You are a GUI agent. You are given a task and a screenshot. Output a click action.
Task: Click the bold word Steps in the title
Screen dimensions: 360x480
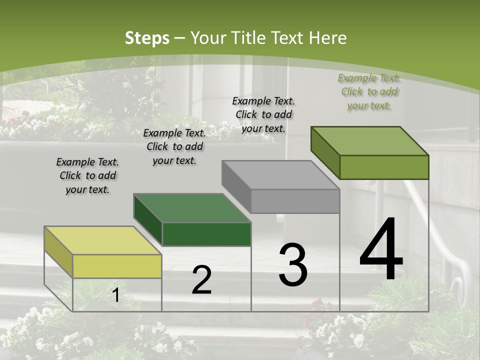(x=147, y=38)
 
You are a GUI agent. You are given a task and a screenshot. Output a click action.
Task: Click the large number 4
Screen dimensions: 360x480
(x=381, y=250)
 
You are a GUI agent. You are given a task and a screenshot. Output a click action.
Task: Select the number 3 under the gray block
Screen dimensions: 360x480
(x=293, y=265)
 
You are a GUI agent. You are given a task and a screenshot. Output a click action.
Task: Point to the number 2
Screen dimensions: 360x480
(x=201, y=280)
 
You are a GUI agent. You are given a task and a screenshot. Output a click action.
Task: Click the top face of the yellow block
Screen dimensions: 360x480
(x=102, y=240)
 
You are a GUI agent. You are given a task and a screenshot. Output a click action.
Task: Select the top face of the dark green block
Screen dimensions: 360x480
(x=192, y=207)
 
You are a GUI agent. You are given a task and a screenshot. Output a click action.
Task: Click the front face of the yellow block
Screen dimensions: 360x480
(x=117, y=266)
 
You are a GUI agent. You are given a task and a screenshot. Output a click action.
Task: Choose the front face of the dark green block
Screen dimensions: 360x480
(x=206, y=234)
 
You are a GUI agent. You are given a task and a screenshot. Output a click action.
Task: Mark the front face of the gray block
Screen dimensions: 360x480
(x=295, y=201)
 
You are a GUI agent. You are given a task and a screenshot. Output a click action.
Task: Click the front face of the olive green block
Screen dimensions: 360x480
(x=384, y=167)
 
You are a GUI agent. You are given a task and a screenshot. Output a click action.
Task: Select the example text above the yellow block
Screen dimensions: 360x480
(x=87, y=175)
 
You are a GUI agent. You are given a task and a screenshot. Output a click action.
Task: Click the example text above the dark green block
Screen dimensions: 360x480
(x=174, y=146)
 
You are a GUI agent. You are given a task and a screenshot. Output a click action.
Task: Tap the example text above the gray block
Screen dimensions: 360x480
(x=263, y=114)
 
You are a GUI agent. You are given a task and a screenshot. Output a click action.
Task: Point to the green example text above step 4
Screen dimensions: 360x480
(x=369, y=91)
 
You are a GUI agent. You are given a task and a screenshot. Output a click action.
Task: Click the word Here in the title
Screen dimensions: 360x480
(x=328, y=38)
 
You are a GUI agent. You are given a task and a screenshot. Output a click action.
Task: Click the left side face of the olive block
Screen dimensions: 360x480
(x=325, y=152)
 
